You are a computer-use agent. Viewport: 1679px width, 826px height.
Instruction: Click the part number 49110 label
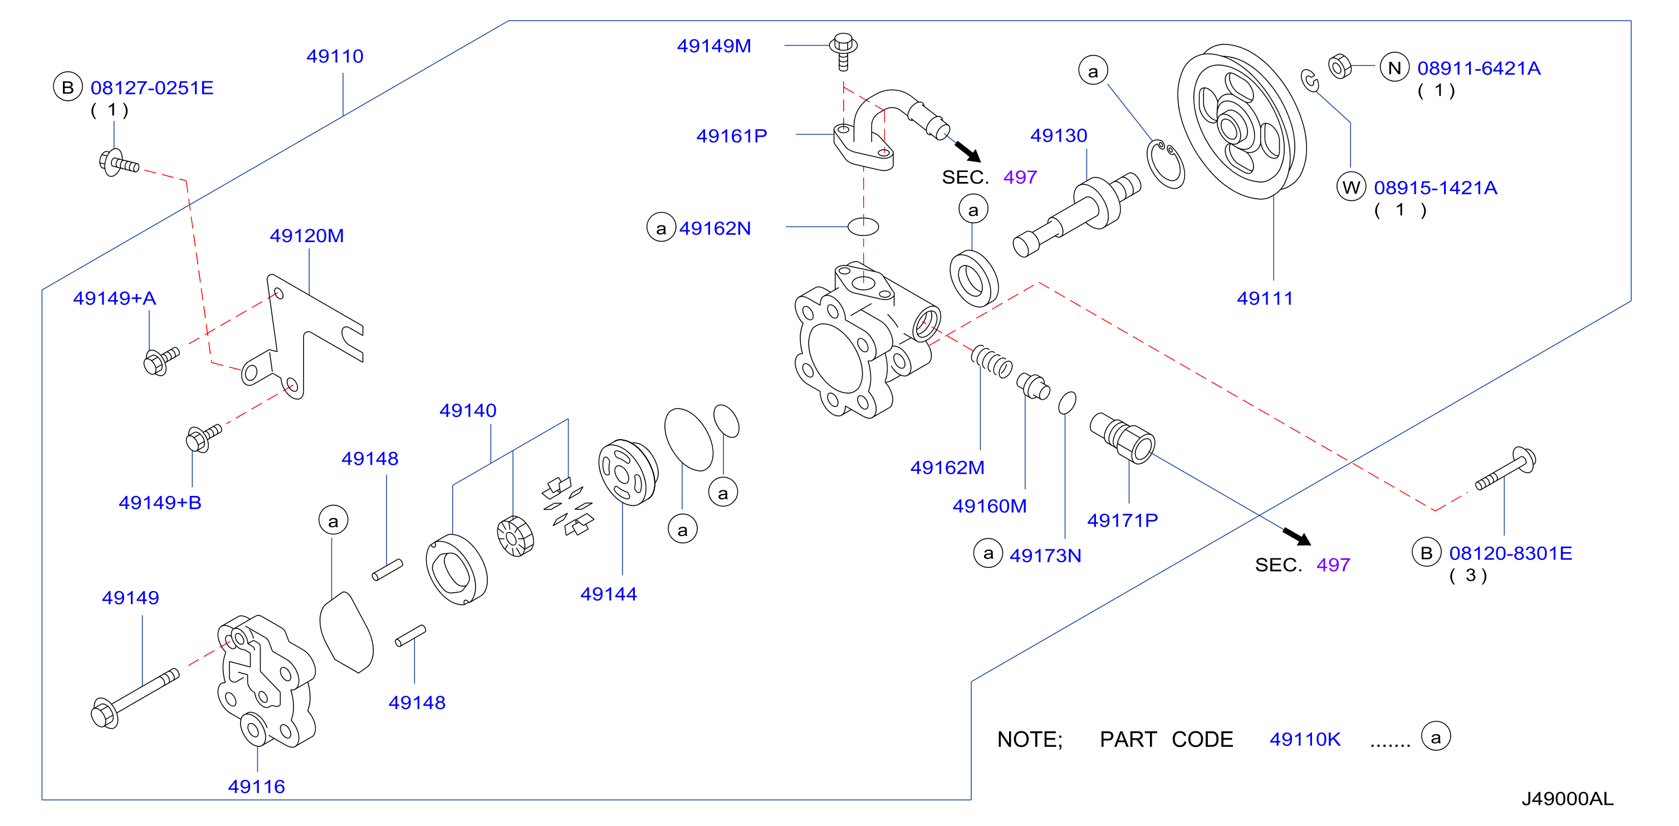335,56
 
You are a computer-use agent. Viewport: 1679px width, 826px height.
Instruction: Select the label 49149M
714,46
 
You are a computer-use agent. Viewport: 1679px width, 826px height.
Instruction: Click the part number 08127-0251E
152,87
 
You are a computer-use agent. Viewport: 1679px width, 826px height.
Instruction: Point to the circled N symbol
1394,68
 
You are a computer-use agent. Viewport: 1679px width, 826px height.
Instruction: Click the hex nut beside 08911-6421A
1339,66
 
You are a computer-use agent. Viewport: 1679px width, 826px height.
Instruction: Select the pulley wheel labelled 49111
1242,121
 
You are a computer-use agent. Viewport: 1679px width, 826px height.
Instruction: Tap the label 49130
1059,135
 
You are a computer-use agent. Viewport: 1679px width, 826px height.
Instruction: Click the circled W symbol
1351,188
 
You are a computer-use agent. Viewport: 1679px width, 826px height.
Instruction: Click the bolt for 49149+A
160,361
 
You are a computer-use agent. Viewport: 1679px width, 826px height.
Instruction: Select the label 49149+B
160,502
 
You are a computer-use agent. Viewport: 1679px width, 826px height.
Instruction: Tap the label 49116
256,786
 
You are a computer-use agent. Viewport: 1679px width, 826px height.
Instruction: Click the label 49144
608,593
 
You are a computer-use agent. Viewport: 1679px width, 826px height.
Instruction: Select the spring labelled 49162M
991,362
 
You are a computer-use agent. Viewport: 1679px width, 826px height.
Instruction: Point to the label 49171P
1122,520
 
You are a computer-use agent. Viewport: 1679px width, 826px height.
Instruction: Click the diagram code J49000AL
1568,799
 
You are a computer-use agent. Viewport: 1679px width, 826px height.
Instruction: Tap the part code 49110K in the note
1305,739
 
